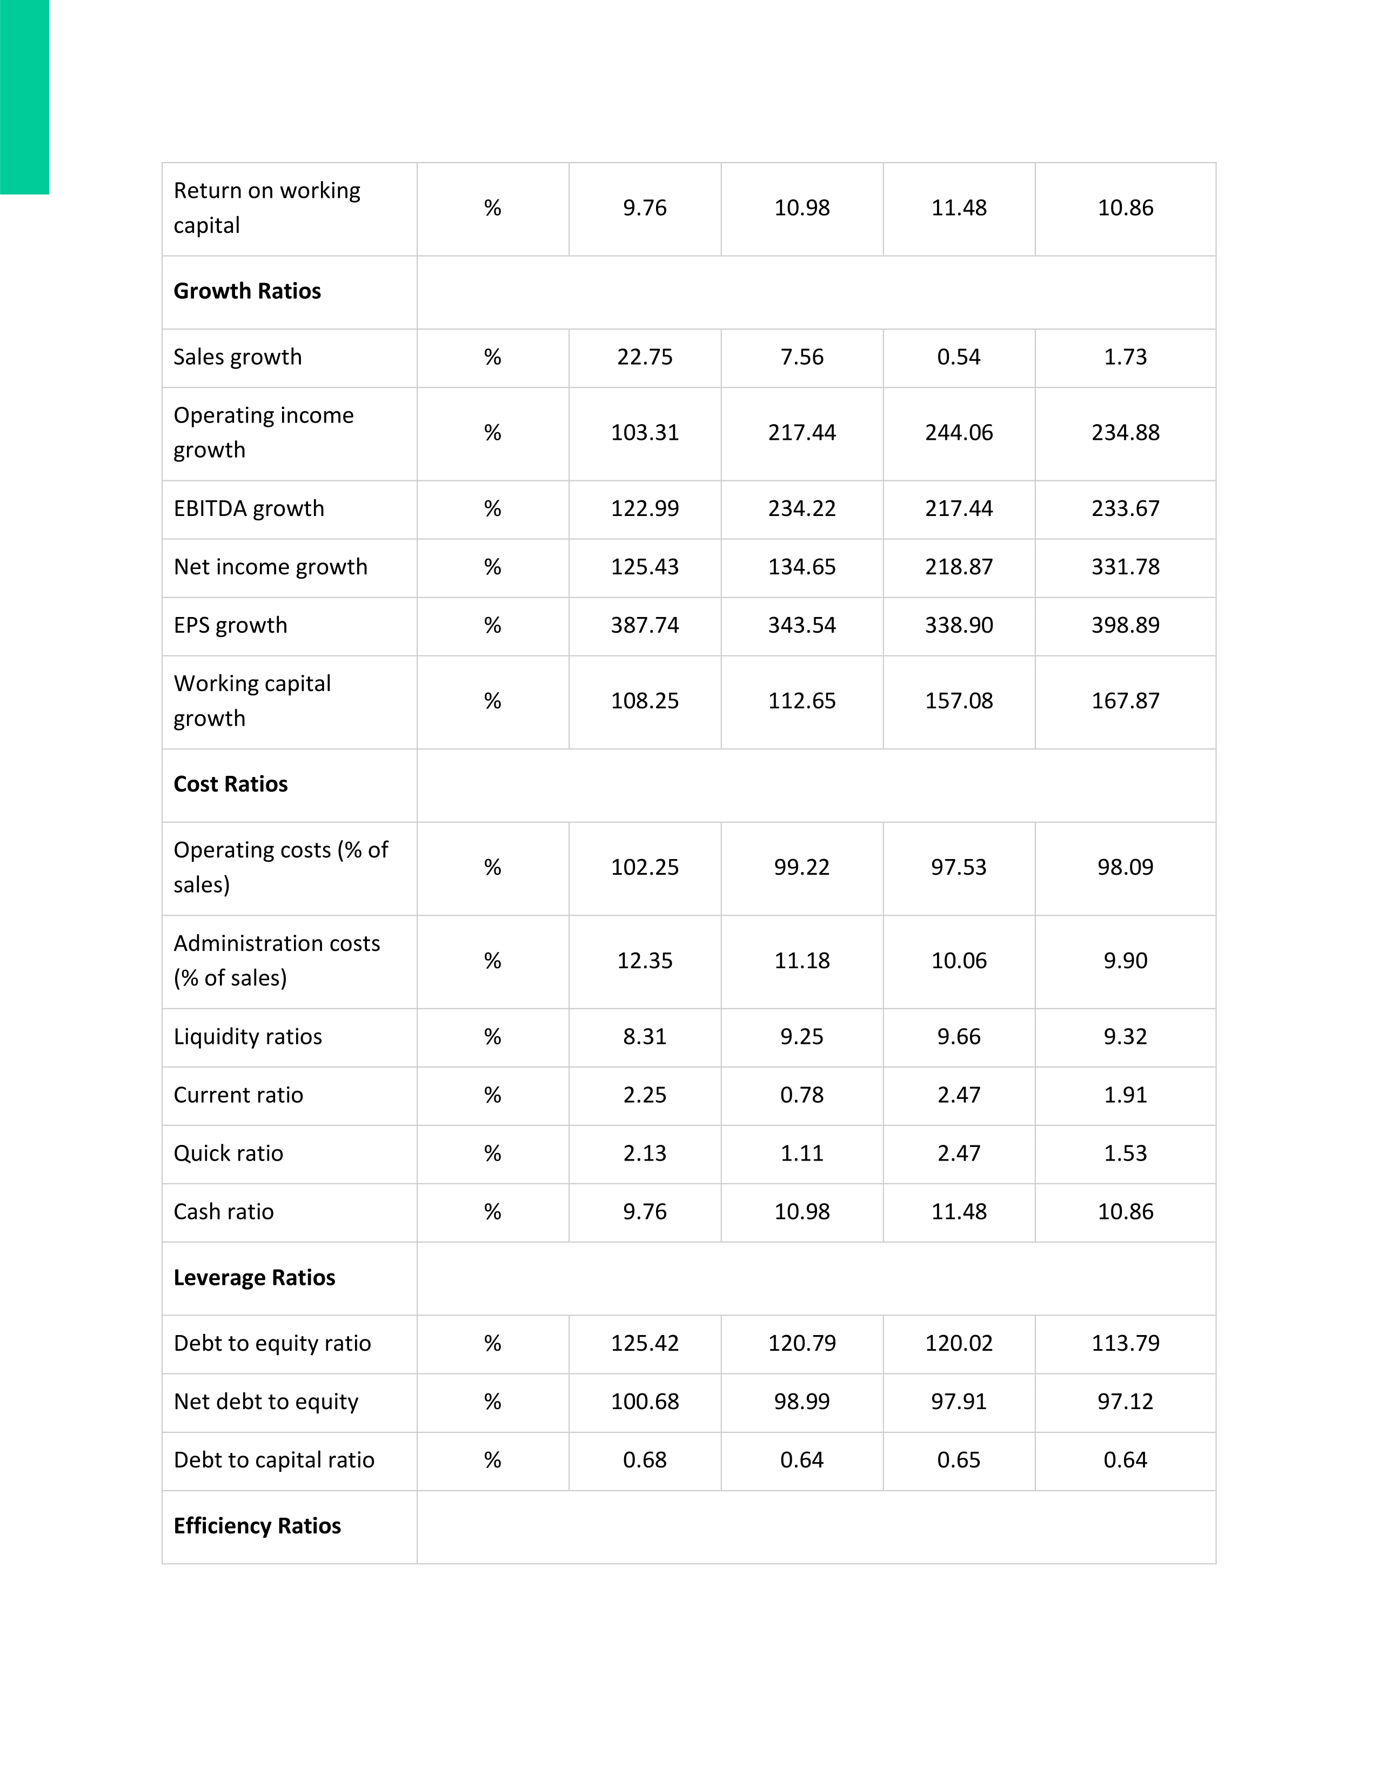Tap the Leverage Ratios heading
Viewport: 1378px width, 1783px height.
click(x=254, y=1278)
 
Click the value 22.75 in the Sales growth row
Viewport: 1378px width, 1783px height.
click(x=644, y=358)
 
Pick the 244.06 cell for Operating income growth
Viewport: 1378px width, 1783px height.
click(x=959, y=433)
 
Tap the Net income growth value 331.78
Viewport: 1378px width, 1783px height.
click(x=1125, y=567)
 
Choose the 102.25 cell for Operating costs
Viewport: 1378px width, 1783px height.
click(x=644, y=867)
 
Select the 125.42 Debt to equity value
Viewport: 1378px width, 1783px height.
click(x=644, y=1343)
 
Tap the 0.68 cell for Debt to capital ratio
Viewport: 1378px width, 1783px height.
click(x=644, y=1460)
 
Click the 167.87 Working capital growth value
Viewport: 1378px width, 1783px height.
click(x=1125, y=701)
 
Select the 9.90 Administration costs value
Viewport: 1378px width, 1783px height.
click(x=1125, y=961)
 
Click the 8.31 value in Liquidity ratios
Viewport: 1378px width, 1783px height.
click(x=644, y=1037)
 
